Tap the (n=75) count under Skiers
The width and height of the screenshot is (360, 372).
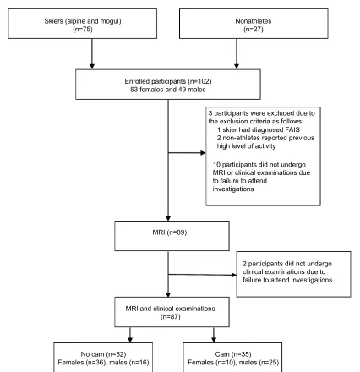click(x=83, y=30)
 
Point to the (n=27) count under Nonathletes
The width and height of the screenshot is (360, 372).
click(x=254, y=30)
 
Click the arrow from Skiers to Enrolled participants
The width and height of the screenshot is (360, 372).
click(x=92, y=53)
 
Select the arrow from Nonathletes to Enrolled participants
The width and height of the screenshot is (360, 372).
click(x=237, y=53)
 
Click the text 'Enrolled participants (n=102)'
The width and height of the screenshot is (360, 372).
click(x=168, y=81)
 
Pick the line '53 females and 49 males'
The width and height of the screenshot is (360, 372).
click(x=168, y=90)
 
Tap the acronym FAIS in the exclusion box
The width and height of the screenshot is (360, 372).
click(x=292, y=129)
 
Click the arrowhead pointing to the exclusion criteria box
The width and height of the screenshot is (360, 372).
click(x=203, y=153)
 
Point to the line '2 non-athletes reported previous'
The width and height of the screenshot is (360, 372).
click(x=265, y=138)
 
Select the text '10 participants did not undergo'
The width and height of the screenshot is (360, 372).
click(x=259, y=165)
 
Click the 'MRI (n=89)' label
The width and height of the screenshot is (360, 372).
click(x=170, y=232)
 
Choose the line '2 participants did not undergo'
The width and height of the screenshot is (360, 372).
click(x=287, y=264)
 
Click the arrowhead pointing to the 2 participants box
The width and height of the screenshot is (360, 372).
click(x=234, y=275)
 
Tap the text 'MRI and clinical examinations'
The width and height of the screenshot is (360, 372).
click(x=171, y=309)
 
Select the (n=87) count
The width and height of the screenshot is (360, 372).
click(x=171, y=317)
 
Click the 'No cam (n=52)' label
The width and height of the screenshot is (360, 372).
click(x=103, y=354)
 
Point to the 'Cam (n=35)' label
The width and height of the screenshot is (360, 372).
click(x=233, y=354)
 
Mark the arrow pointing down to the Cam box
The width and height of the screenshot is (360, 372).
click(x=214, y=335)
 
